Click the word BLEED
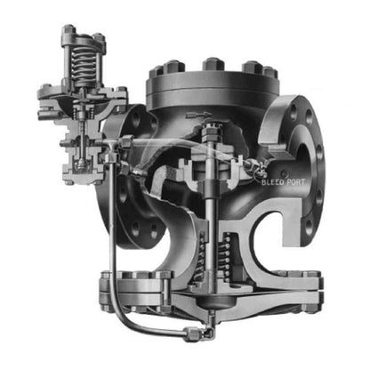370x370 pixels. [272, 181]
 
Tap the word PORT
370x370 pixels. [295, 181]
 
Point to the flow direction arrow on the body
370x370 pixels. [198, 115]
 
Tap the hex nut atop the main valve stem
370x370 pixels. [212, 131]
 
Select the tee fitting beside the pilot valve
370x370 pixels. [112, 149]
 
